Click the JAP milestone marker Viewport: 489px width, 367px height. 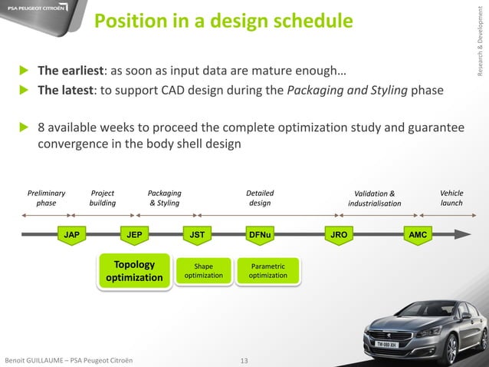(71, 234)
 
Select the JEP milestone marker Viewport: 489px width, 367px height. (134, 234)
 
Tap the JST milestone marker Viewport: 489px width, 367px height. (198, 234)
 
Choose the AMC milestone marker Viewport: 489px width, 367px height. (418, 234)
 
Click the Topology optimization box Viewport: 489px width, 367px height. (134, 271)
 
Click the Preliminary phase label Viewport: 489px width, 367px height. (46, 198)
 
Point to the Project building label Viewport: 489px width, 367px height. (103, 198)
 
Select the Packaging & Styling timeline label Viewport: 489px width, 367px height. (164, 198)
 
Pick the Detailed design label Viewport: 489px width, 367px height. (259, 198)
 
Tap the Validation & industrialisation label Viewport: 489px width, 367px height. (374, 199)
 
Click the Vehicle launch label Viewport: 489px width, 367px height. (451, 198)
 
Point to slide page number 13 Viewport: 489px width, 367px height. (245, 360)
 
